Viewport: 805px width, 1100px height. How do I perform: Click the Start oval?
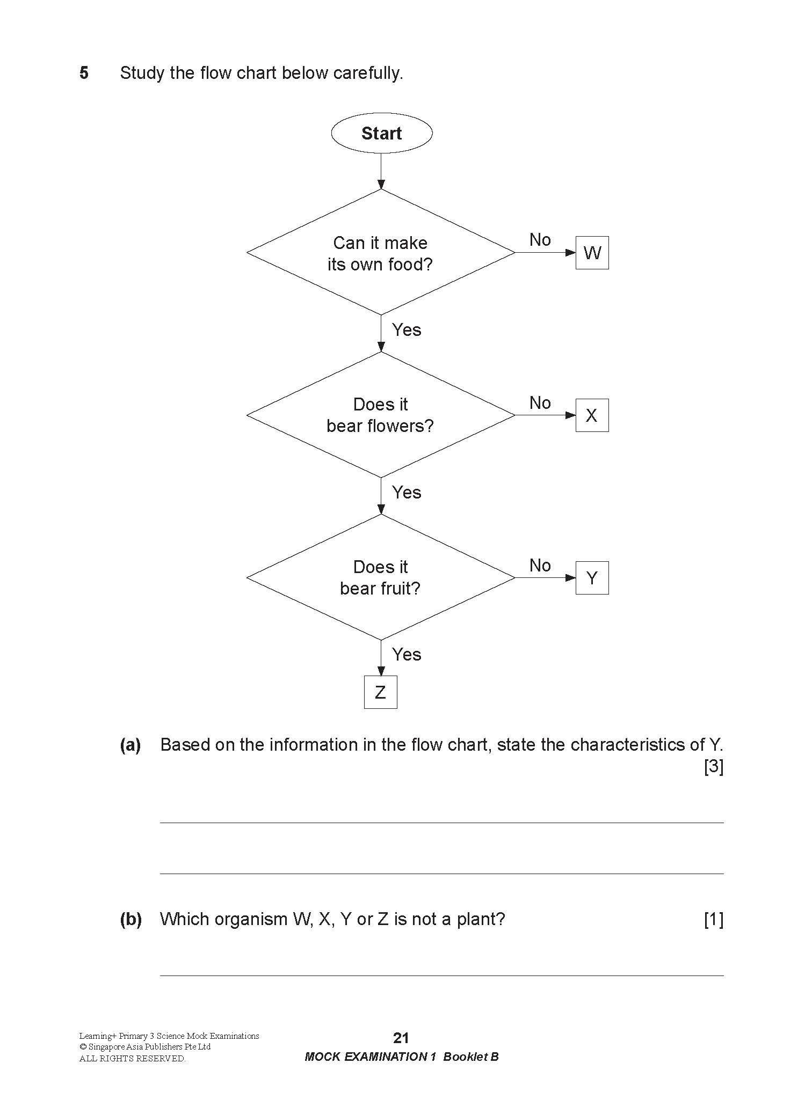381,133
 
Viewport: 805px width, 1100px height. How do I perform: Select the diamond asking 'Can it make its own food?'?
381,253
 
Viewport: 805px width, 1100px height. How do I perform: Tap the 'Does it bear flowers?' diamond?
381,415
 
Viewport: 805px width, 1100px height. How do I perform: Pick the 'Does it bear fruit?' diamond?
381,578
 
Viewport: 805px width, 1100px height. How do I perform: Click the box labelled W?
592,253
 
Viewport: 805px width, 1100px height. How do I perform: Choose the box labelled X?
592,415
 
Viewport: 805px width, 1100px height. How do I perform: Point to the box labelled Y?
592,578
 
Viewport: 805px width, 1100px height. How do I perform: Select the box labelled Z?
381,692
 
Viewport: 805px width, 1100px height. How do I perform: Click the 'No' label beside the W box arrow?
540,240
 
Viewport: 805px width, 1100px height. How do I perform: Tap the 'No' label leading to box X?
540,402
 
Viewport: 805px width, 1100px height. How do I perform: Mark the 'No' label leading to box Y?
540,565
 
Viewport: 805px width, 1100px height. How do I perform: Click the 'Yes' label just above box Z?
407,654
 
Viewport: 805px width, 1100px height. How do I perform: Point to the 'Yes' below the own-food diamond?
407,329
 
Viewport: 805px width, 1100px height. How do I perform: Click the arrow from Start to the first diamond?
381,171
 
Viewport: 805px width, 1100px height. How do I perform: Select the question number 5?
84,72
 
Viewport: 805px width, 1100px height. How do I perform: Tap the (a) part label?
130,745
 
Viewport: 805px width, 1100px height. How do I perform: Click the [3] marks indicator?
714,767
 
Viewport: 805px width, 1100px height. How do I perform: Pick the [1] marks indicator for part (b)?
714,919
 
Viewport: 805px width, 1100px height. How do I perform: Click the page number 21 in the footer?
401,1038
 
